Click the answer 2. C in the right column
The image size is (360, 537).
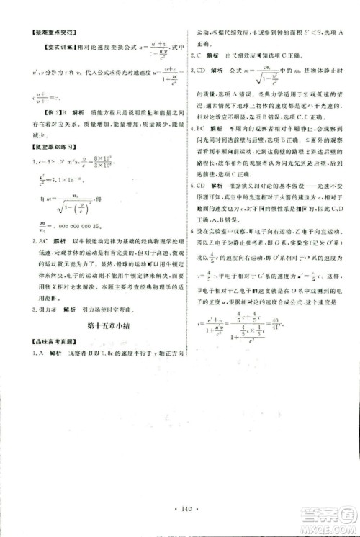pos(197,54)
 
